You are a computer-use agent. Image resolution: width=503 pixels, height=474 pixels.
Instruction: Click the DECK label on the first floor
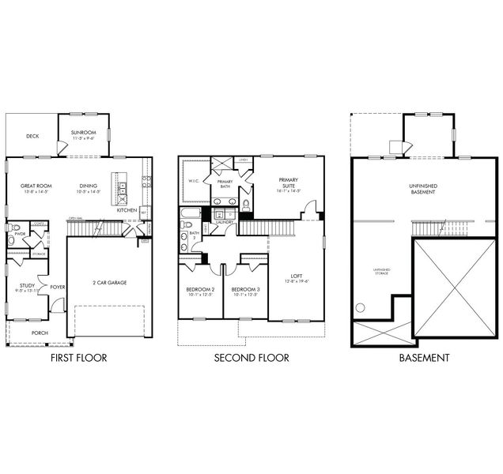pyautogui.click(x=32, y=136)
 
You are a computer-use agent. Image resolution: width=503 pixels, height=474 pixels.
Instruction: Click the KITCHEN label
pyautogui.click(x=127, y=210)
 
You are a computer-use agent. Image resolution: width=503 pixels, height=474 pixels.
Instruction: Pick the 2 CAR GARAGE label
pyautogui.click(x=110, y=282)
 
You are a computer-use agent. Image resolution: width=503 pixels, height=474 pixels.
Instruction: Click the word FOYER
pyautogui.click(x=57, y=287)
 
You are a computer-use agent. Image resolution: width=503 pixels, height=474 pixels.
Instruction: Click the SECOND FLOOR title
pyautogui.click(x=251, y=358)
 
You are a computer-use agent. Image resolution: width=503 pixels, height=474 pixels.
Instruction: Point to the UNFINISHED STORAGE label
pyautogui.click(x=383, y=273)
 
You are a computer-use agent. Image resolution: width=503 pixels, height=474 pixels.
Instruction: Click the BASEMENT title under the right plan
pyautogui.click(x=424, y=358)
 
